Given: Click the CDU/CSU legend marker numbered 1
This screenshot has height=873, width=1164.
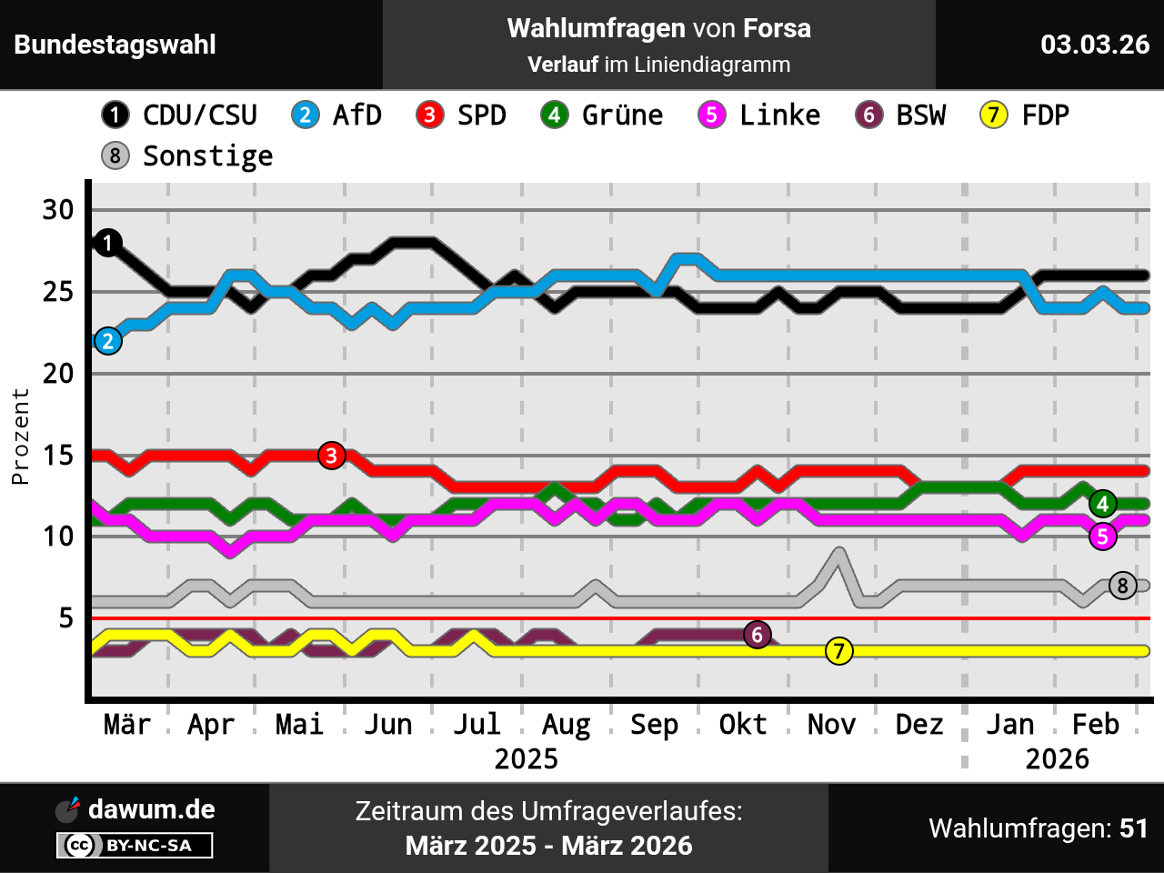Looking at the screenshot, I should coord(115,115).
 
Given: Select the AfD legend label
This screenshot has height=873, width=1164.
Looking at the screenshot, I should coord(356,115).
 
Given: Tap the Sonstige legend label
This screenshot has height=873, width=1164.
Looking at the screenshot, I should coord(207,156).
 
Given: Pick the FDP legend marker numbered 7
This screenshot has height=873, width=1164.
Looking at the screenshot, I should coord(994,115).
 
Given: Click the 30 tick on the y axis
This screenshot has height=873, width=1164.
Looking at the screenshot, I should coord(58,210).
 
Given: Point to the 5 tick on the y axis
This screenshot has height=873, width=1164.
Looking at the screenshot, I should coord(65,618).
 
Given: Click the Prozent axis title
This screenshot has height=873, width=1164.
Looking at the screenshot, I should coord(20,436).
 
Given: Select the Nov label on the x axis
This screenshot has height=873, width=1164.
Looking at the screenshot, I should coord(831,725).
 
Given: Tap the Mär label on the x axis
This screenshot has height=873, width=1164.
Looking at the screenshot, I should coord(127,725).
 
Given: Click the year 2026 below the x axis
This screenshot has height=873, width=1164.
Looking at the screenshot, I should coord(1057,758).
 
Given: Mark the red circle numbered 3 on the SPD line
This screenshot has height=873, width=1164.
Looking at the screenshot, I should coord(332,456).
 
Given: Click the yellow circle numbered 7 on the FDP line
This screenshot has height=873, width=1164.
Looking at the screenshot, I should coord(839,651).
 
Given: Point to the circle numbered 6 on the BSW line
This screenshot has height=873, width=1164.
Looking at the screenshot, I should coord(758,635).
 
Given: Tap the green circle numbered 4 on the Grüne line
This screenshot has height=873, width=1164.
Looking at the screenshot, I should coord(1103,504).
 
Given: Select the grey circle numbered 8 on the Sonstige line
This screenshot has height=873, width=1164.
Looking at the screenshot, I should coord(1123,586).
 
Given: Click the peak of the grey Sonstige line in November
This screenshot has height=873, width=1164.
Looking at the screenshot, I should coord(839,551).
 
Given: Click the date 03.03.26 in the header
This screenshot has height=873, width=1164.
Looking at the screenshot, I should coord(1095,45).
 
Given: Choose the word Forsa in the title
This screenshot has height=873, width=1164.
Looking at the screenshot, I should coord(777,28).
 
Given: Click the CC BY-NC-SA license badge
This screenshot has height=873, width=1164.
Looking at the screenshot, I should coord(135,846).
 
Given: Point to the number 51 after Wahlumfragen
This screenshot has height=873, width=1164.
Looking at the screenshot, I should coord(1134,828).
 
